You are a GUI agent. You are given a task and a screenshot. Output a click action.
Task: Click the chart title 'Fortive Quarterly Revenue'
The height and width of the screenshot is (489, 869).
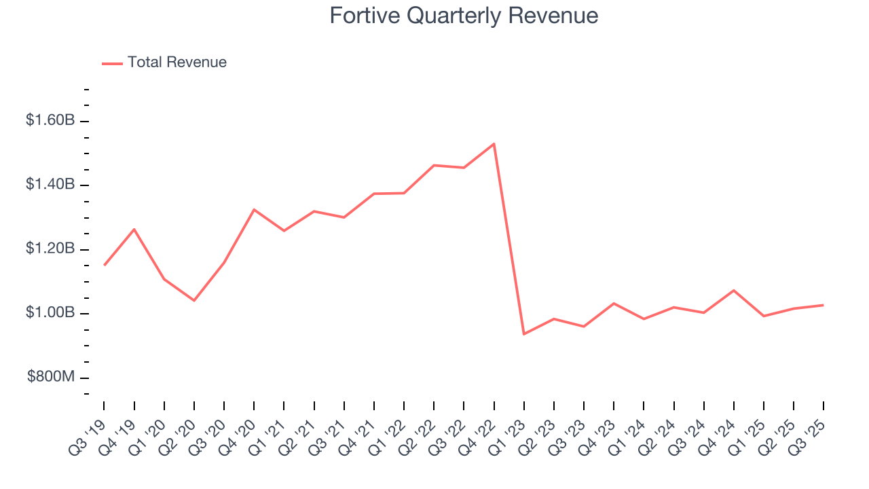(464, 16)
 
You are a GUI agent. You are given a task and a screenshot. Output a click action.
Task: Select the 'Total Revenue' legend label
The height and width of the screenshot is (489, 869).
(177, 62)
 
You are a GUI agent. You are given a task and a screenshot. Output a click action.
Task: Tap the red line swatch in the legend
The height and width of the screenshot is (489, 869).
(112, 63)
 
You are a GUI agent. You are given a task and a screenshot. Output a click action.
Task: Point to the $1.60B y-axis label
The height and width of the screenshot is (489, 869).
(50, 121)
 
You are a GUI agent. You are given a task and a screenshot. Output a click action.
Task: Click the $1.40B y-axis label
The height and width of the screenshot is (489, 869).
(50, 185)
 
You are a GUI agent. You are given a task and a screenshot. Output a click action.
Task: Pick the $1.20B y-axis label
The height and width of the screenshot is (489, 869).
(50, 249)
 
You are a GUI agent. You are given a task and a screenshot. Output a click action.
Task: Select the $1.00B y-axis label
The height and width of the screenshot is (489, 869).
(50, 313)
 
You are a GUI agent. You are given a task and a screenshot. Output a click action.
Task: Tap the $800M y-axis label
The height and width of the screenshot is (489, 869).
(51, 378)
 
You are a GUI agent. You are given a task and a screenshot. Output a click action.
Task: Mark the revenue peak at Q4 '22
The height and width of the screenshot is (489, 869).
(494, 143)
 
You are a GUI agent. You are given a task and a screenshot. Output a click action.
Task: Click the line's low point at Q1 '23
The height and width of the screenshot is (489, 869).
(523, 334)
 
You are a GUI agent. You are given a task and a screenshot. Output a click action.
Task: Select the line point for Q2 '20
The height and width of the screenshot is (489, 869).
(194, 300)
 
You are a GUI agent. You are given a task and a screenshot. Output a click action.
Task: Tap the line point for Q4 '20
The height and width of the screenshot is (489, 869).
(254, 209)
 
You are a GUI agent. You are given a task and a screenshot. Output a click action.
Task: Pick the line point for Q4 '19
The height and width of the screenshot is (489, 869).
(134, 229)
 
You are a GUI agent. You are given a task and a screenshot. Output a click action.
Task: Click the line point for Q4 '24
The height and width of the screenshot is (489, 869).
(734, 290)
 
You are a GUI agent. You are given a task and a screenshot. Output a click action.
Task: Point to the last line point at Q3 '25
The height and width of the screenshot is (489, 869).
(824, 305)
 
